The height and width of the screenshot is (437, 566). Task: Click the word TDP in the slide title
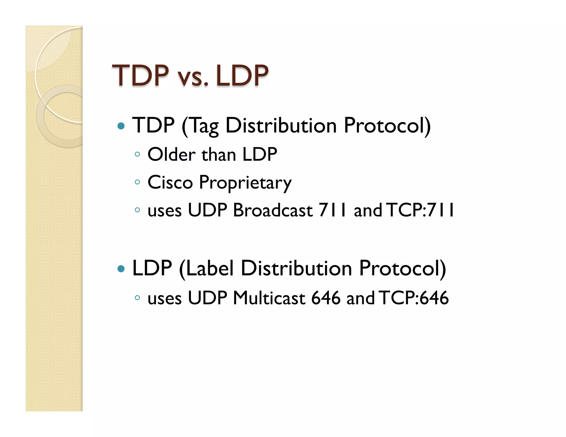tap(140, 75)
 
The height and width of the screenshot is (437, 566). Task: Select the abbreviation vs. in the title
tap(193, 78)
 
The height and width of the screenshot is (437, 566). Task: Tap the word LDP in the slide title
tap(242, 75)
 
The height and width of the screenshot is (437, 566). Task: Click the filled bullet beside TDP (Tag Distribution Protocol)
tap(121, 126)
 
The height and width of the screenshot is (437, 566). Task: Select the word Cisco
tap(170, 182)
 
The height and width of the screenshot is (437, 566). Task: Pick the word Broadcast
tap(273, 210)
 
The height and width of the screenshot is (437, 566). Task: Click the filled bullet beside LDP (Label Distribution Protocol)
tap(121, 269)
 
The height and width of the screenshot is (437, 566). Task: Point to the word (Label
tap(207, 268)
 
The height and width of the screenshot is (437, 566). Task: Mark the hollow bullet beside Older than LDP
tap(137, 154)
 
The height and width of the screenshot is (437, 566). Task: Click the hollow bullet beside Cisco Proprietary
tap(137, 182)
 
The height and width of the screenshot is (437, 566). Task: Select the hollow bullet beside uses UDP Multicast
tap(137, 298)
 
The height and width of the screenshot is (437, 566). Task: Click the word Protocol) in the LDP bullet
tap(402, 268)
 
